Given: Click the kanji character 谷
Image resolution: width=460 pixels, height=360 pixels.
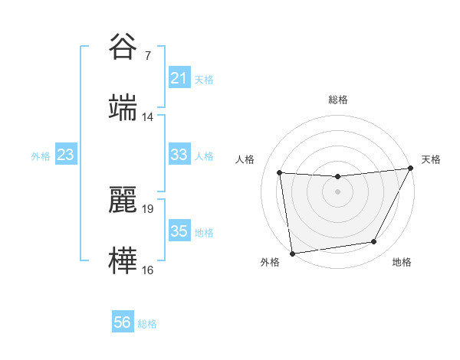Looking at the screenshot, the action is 123,47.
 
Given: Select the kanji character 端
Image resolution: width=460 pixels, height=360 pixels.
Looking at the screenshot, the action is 123,106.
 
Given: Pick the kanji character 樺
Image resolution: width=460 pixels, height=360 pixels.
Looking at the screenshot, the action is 123,259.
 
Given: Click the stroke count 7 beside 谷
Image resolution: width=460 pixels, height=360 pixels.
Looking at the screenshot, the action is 147,56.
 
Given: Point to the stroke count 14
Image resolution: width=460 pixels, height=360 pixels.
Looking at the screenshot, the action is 147,116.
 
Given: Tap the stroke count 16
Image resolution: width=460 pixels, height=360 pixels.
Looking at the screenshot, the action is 147,269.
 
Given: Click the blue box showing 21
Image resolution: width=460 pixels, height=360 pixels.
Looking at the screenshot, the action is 179,79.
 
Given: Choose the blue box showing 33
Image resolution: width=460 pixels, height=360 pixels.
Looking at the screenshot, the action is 179,155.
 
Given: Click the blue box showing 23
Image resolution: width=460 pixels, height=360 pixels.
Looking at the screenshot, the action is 66,155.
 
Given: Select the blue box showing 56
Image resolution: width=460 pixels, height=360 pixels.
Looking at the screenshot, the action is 122,323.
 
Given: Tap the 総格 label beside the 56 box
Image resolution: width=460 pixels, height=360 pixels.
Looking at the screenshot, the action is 147,324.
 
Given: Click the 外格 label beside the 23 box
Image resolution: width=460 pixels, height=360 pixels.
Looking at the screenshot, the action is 41,156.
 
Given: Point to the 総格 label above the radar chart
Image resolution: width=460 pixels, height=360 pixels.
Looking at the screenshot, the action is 338,100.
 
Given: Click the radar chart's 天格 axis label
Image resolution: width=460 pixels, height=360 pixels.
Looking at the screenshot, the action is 431,159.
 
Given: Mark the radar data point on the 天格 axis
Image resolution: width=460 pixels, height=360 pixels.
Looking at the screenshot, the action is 410,169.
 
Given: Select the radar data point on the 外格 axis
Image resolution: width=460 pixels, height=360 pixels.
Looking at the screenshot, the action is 292,253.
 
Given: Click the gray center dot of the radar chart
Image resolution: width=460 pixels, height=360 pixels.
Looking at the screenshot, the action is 337,191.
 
